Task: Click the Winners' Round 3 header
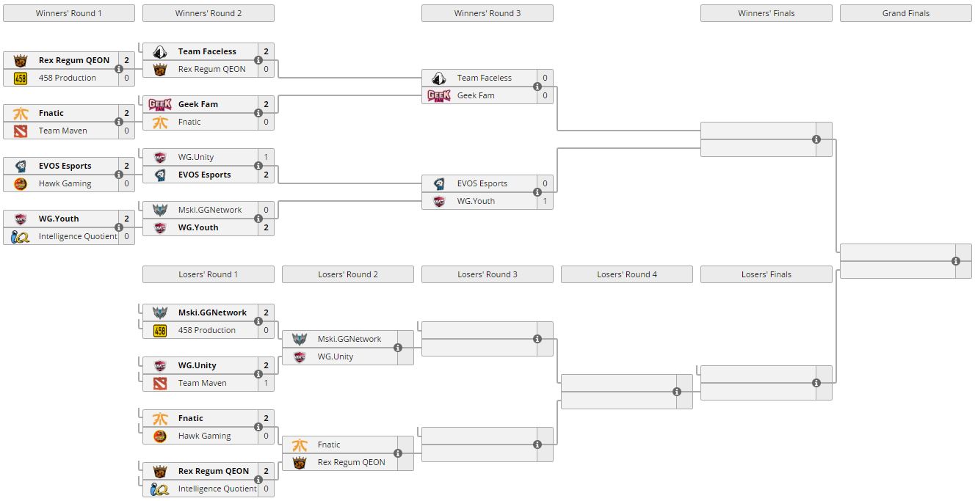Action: pyautogui.click(x=487, y=13)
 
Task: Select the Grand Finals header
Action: pyautogui.click(x=905, y=13)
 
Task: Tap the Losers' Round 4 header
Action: pyautogui.click(x=626, y=274)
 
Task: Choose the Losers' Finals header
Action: pyautogui.click(x=766, y=274)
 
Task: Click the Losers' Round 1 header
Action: pyautogui.click(x=208, y=274)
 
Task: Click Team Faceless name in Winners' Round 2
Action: pyautogui.click(x=207, y=51)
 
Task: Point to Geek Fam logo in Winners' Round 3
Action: pyautogui.click(x=438, y=95)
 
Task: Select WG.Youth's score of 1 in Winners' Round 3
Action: pyautogui.click(x=545, y=201)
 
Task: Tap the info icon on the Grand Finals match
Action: pyautogui.click(x=956, y=261)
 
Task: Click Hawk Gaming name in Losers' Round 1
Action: pyautogui.click(x=204, y=436)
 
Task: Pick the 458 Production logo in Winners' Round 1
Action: pyautogui.click(x=20, y=78)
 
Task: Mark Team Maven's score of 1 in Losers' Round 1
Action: pyautogui.click(x=266, y=383)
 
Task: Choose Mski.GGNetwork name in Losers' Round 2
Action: pyautogui.click(x=349, y=339)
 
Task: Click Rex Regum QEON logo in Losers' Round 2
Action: pyautogui.click(x=299, y=462)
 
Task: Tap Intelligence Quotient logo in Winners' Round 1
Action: pyautogui.click(x=20, y=236)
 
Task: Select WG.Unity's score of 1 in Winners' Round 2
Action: pyautogui.click(x=266, y=157)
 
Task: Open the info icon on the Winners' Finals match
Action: pyautogui.click(x=816, y=139)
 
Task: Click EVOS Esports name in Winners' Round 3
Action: pyautogui.click(x=482, y=183)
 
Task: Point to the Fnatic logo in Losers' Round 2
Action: pyautogui.click(x=299, y=445)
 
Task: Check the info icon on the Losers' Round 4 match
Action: pyautogui.click(x=677, y=392)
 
